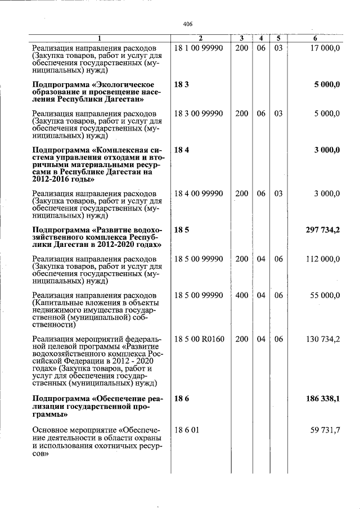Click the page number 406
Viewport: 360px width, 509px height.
188,24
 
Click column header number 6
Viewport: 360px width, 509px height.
315,38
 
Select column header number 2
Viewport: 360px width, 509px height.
200,38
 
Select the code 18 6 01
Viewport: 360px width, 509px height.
187,430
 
